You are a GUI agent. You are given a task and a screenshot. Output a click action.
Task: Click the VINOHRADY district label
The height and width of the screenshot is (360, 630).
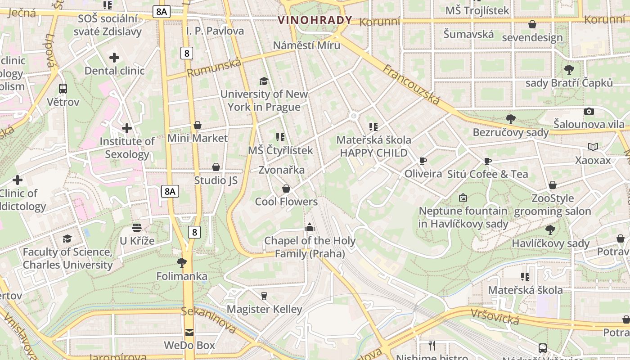pyautogui.click(x=315, y=20)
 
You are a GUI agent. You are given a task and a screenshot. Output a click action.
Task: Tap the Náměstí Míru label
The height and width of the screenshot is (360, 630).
pyautogui.click(x=306, y=45)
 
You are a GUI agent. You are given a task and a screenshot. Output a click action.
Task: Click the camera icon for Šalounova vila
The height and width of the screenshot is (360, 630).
pyautogui.click(x=589, y=111)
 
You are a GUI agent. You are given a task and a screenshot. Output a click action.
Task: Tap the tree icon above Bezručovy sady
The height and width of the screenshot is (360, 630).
pyautogui.click(x=510, y=119)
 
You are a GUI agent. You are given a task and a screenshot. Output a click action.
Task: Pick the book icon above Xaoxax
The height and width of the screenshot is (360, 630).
pyautogui.click(x=593, y=147)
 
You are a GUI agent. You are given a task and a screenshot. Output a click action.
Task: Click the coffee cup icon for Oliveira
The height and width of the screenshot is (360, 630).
pyautogui.click(x=423, y=161)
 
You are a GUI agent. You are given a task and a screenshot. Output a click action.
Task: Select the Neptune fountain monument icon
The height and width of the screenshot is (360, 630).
pyautogui.click(x=463, y=198)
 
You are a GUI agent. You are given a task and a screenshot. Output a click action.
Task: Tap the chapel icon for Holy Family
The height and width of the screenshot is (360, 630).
pyautogui.click(x=310, y=227)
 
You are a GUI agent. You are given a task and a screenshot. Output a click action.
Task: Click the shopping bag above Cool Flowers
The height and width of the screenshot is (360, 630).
pyautogui.click(x=286, y=189)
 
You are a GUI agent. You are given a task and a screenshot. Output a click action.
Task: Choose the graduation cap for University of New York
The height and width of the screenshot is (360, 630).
pyautogui.click(x=264, y=81)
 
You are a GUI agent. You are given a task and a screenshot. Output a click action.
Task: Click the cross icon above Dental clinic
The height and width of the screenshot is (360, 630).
pyautogui.click(x=114, y=58)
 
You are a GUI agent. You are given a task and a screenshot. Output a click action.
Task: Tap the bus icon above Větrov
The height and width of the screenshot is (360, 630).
pyautogui.click(x=63, y=89)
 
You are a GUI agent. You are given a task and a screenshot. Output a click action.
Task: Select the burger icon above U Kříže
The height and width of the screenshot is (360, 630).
pyautogui.click(x=137, y=227)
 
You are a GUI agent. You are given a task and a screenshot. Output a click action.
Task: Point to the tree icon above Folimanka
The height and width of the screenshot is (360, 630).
pyautogui.click(x=182, y=262)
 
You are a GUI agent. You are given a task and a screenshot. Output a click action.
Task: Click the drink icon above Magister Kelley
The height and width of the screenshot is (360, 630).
pyautogui.click(x=264, y=296)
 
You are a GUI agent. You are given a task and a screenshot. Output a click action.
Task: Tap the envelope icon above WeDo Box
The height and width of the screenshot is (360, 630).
pyautogui.click(x=189, y=333)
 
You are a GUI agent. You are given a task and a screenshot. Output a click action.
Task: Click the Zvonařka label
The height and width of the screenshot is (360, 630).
pyautogui.click(x=281, y=170)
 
